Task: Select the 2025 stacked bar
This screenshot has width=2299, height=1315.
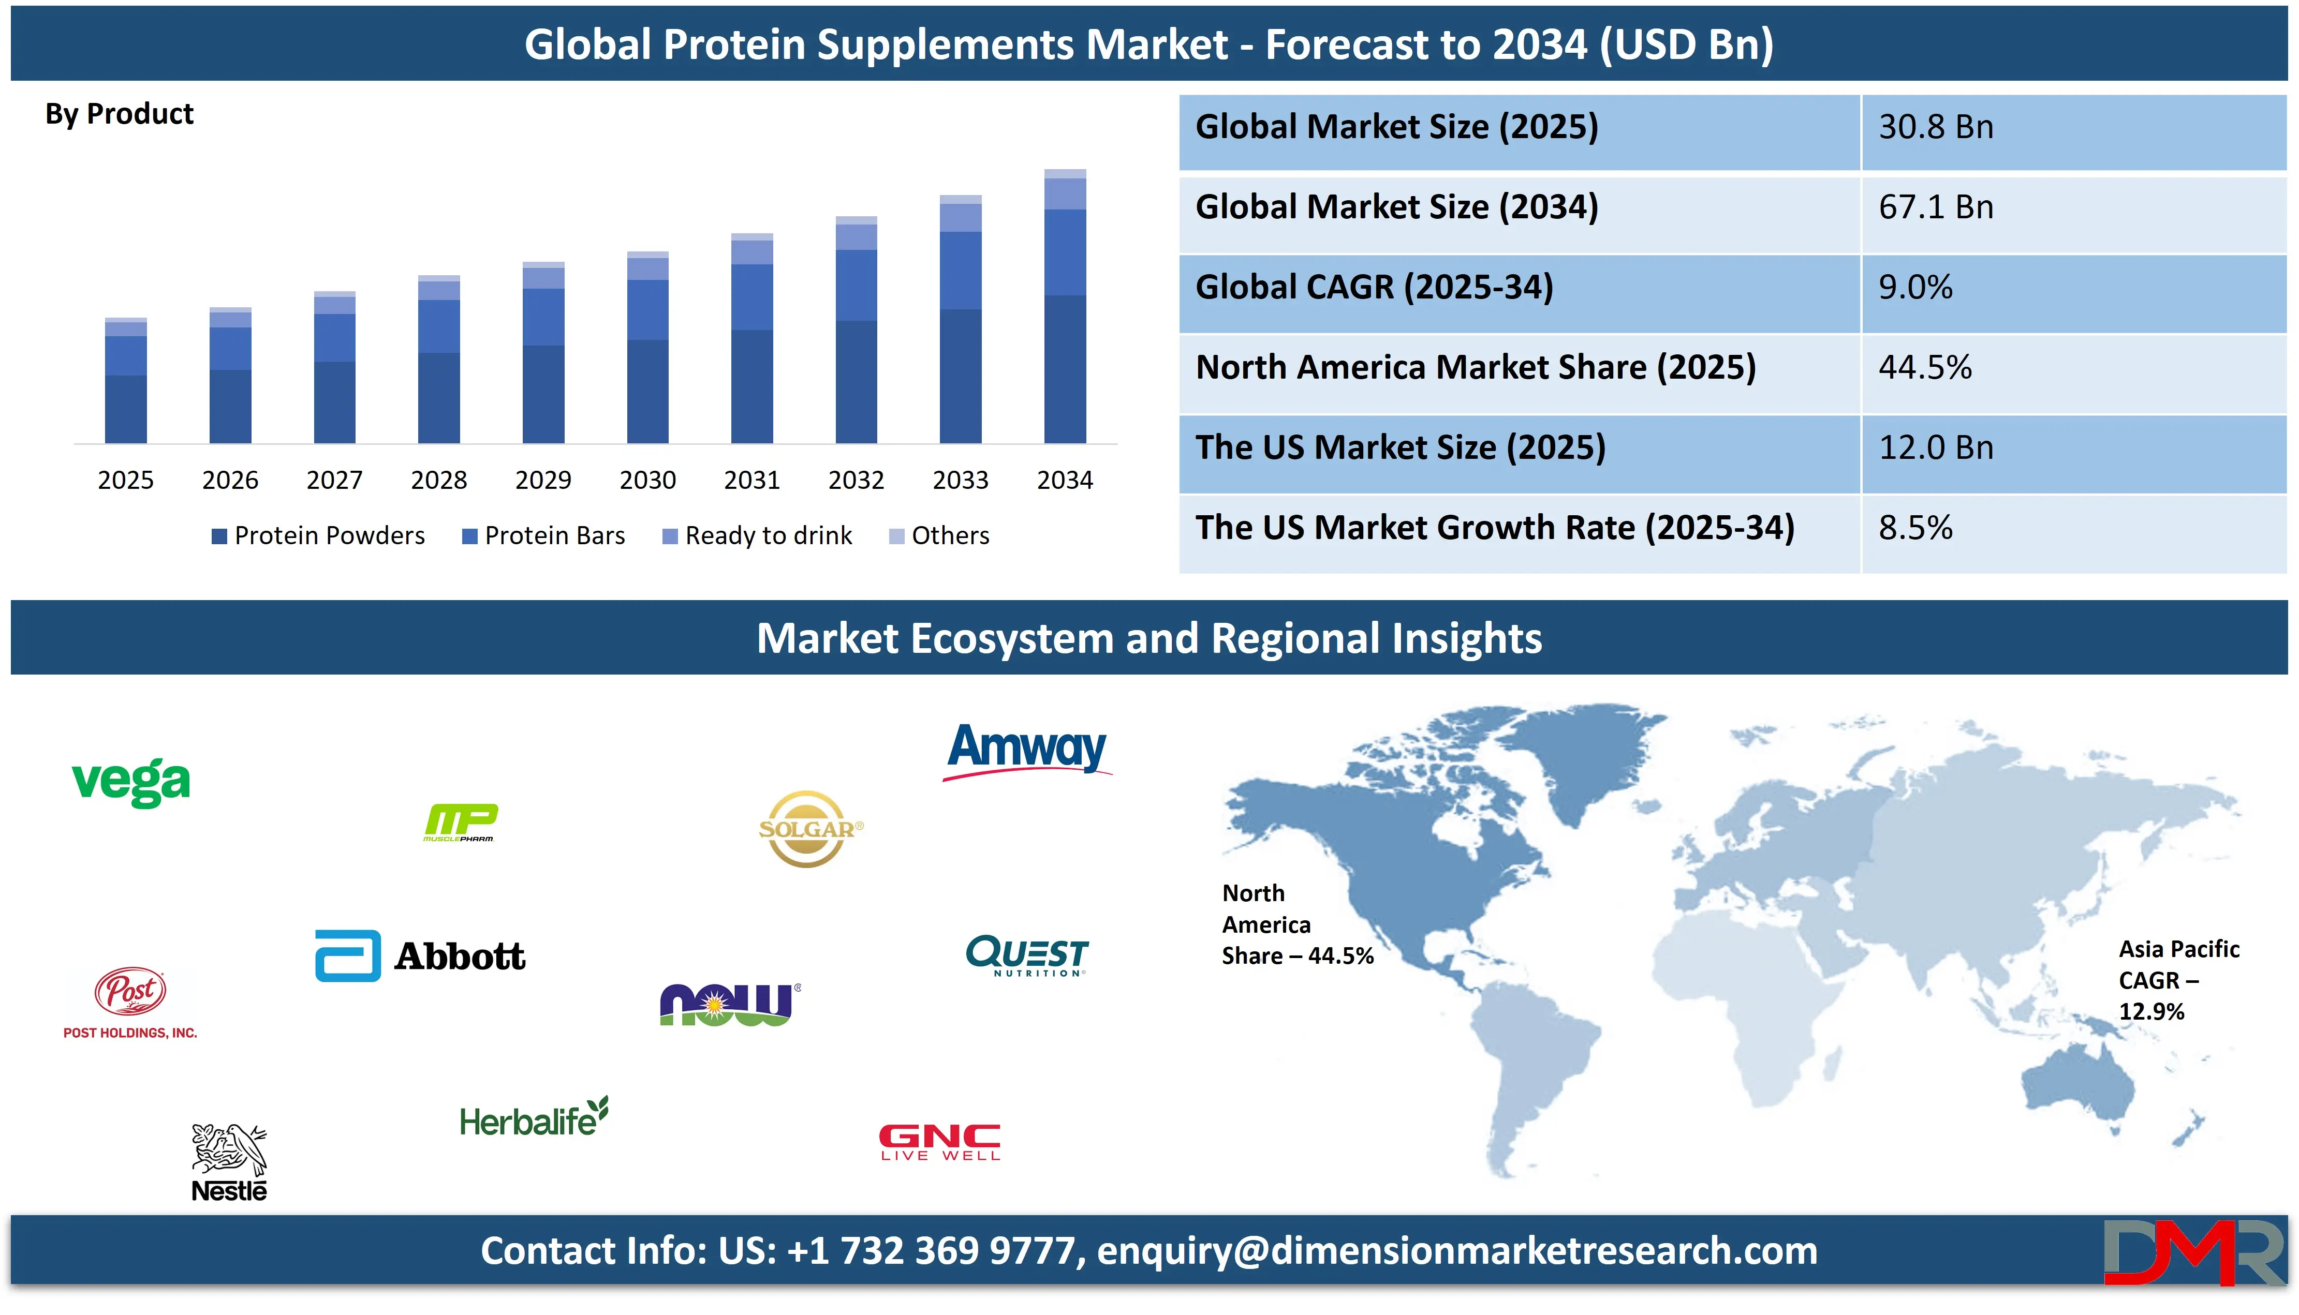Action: [126, 381]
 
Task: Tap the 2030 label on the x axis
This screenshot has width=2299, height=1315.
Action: [647, 480]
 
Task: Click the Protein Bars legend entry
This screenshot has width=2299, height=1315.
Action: [544, 535]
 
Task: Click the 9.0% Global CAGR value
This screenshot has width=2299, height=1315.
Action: [1915, 287]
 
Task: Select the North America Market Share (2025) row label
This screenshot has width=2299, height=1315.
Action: [1475, 368]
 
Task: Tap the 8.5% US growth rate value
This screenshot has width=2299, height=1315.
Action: [1915, 528]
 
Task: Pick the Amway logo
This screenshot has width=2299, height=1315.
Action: [1027, 750]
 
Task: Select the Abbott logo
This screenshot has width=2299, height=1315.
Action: [420, 955]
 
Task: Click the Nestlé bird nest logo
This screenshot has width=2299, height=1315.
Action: [229, 1162]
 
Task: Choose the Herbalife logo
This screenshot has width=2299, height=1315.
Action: [533, 1118]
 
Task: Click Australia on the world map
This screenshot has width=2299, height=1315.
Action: [2077, 1084]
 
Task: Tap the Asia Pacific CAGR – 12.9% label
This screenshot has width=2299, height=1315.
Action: [2178, 980]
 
